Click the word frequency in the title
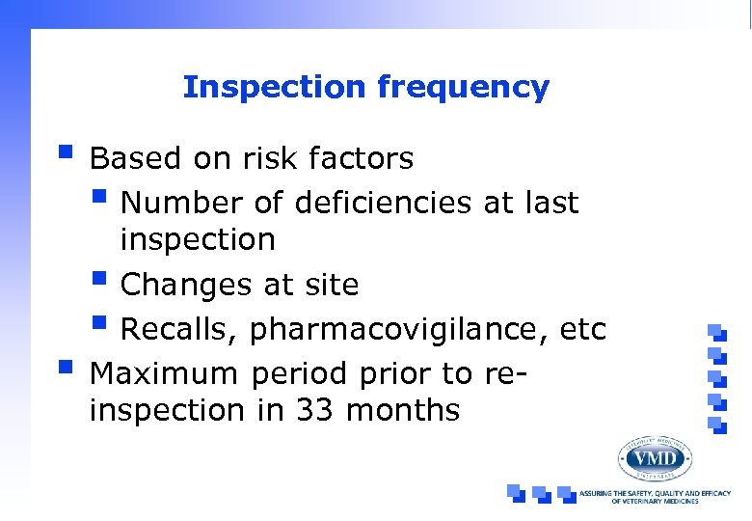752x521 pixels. pyautogui.click(x=464, y=89)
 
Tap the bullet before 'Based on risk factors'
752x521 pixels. pyautogui.click(x=65, y=151)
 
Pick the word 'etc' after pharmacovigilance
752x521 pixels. pyautogui.click(x=582, y=330)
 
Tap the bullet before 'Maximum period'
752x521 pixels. pyautogui.click(x=65, y=367)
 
